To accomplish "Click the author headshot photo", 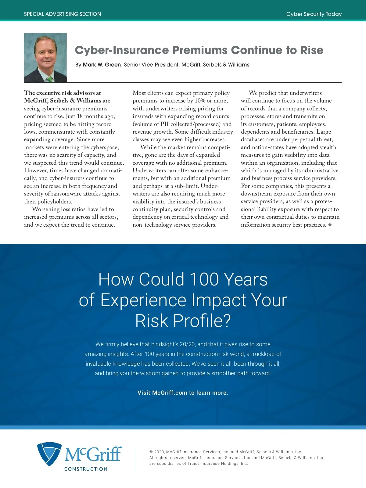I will point(45,58).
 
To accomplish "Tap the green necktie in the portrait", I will point(49,79).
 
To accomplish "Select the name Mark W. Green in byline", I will point(102,65).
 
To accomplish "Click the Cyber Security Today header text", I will point(314,14).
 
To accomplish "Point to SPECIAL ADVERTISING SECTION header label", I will point(63,14).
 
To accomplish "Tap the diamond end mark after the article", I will point(330,225).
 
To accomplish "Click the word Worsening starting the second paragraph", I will point(46,209).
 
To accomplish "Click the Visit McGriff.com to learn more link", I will point(183,393).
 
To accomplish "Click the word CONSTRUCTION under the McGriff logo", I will point(86,469).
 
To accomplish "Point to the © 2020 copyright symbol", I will point(151,452).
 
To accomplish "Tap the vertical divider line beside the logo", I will point(135,459).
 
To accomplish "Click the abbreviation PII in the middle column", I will point(164,124).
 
